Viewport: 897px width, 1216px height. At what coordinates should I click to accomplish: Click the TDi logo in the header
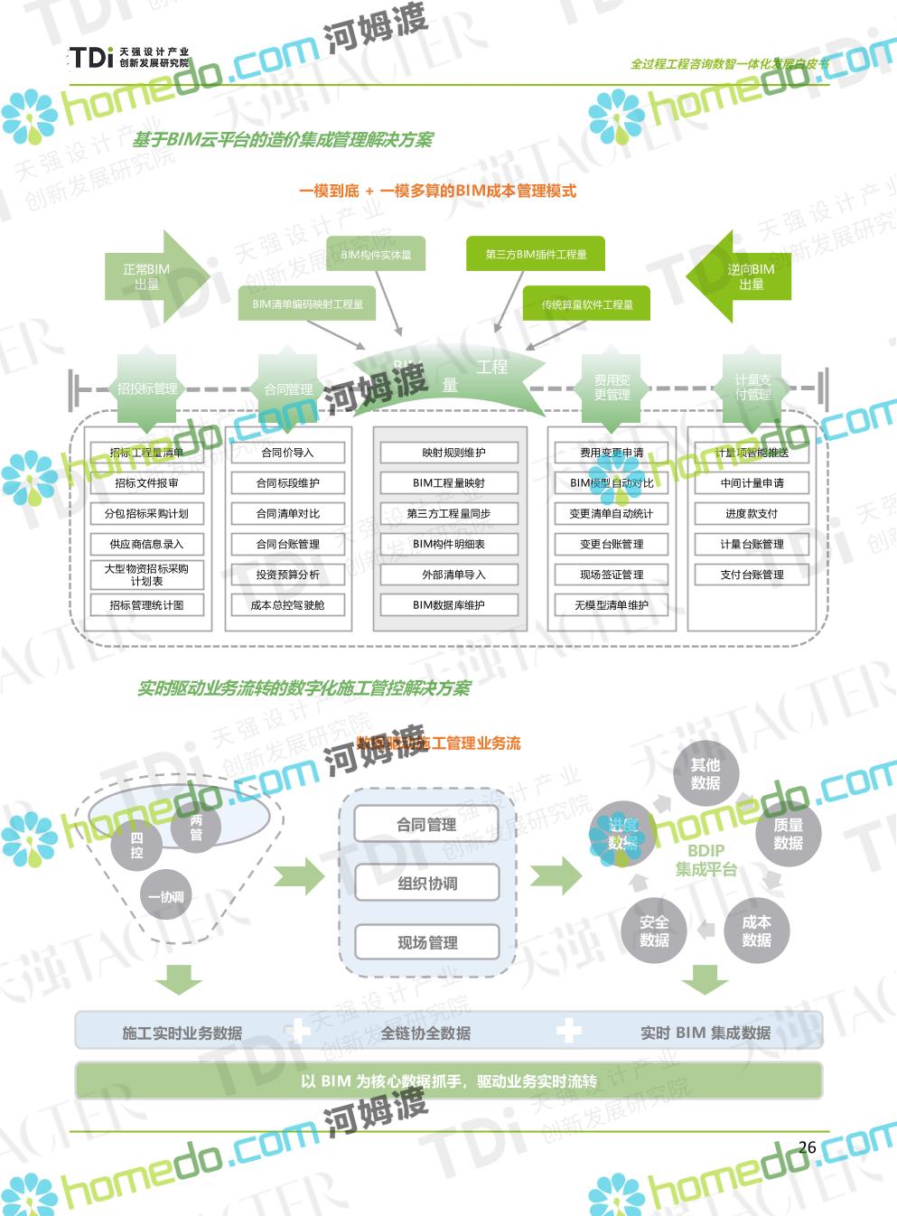129,59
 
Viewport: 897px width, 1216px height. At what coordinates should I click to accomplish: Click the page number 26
807,1147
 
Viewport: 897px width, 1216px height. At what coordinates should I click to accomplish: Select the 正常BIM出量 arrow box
145,276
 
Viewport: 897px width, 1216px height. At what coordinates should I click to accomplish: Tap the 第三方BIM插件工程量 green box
536,255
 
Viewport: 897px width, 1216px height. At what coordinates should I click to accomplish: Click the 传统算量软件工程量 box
587,304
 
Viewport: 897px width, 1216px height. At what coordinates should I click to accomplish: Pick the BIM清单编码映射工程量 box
308,304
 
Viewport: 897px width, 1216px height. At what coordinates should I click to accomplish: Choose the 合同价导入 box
287,453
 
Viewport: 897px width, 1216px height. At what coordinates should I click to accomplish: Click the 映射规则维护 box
449,453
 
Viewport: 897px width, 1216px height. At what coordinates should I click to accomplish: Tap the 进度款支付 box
752,513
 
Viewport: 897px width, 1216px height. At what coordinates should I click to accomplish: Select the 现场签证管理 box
612,575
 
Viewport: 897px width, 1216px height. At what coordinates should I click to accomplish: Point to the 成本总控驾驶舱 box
287,605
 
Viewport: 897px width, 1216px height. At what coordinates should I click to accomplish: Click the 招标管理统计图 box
146,605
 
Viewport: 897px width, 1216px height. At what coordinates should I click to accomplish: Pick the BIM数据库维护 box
449,605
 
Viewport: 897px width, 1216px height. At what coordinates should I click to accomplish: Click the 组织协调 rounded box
427,884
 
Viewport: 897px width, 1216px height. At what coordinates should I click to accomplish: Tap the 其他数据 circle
705,774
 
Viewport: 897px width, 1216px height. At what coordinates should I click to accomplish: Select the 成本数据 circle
756,931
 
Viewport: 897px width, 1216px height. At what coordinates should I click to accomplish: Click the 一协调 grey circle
166,897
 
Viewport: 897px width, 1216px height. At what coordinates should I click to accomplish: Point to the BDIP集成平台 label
705,859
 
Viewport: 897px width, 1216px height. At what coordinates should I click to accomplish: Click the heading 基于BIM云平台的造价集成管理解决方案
283,140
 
